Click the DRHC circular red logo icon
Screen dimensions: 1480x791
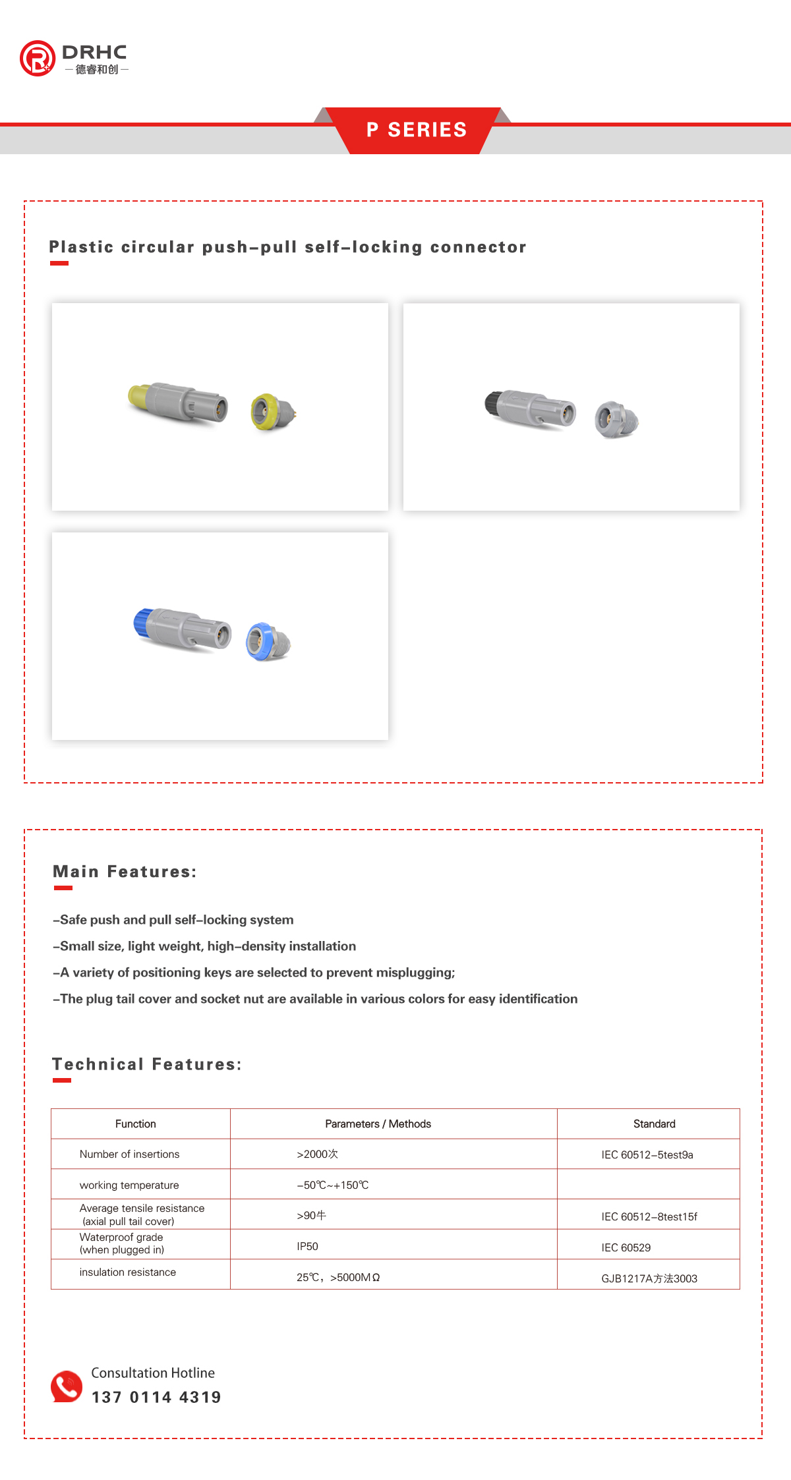tap(38, 59)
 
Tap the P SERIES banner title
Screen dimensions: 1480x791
tap(417, 130)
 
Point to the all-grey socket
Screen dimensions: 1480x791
tap(616, 420)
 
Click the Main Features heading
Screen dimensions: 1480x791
tap(125, 872)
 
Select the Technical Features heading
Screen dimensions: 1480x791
tap(146, 1064)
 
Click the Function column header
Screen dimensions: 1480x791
tap(136, 1124)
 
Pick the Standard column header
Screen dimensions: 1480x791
tap(654, 1124)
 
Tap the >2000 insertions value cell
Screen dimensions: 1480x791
tap(317, 1154)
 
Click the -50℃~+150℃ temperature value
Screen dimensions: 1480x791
tap(332, 1185)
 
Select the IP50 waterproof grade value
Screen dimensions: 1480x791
tap(307, 1247)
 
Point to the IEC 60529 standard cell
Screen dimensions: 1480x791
tap(626, 1248)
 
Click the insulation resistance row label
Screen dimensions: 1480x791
tap(128, 1272)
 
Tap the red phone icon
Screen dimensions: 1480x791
tap(67, 1386)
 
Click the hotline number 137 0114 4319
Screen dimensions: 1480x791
tap(156, 1397)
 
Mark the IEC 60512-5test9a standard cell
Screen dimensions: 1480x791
tap(647, 1155)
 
